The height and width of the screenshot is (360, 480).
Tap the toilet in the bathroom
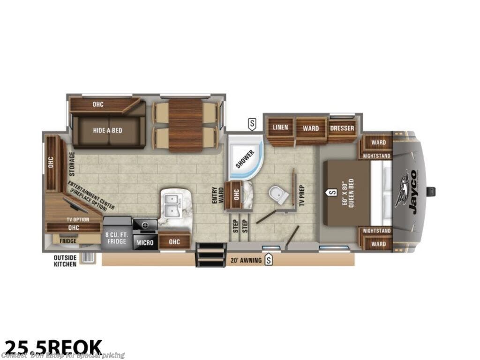coord(278,195)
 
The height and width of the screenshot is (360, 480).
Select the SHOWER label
coord(244,159)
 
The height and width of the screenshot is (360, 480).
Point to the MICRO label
coord(145,243)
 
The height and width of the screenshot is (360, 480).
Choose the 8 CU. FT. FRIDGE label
coord(116,238)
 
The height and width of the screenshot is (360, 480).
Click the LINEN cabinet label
coord(280,127)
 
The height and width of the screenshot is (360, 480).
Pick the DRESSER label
coord(342,128)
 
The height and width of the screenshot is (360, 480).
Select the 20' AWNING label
coord(246,261)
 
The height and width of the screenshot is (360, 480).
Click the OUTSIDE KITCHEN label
coord(65,261)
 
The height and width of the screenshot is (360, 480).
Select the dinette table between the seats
coord(185,125)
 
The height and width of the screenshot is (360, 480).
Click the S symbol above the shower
coord(253,124)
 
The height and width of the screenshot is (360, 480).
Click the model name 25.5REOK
coord(52,347)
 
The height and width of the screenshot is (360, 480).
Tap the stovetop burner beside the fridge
coord(145,225)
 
